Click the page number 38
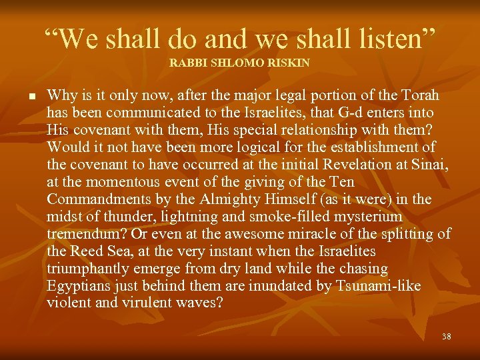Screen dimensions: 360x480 point(446,337)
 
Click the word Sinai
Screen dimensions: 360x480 point(431,165)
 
